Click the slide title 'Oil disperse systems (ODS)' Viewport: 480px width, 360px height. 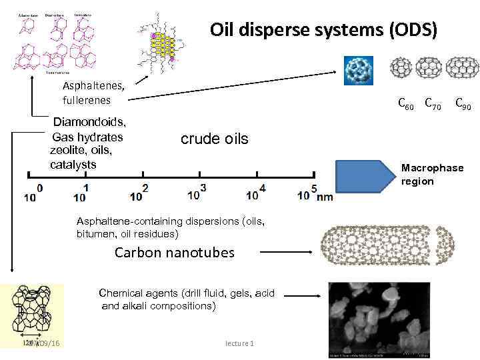click(x=323, y=30)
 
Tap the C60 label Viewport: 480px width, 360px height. click(x=405, y=104)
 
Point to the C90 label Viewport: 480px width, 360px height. click(x=463, y=104)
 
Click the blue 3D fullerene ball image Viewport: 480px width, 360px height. click(x=361, y=69)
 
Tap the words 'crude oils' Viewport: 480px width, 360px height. click(x=214, y=139)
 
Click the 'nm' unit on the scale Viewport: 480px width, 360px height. click(x=325, y=197)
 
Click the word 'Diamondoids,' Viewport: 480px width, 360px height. click(x=89, y=122)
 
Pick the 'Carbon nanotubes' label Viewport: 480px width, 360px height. click(x=175, y=252)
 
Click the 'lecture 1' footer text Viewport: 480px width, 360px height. click(x=239, y=343)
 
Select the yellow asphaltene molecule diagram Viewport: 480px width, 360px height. click(x=160, y=43)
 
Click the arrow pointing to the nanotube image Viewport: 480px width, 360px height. click(x=283, y=253)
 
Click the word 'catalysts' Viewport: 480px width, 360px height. click(x=73, y=164)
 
